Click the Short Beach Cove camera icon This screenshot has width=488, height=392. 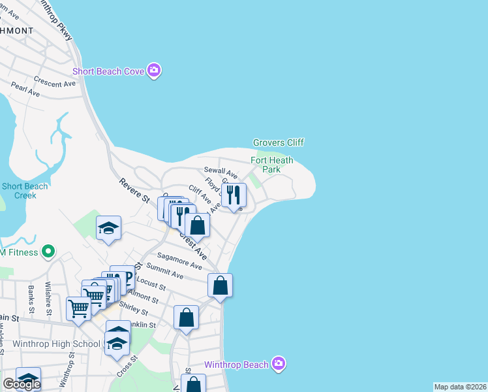point(154,71)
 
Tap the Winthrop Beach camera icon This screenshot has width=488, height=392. point(279,364)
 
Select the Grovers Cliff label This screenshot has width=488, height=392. point(279,142)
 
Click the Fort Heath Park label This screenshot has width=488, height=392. point(272,165)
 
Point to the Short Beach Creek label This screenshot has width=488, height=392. point(25,191)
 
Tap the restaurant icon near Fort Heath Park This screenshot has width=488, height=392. point(234,195)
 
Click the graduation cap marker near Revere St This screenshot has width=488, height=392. point(109,228)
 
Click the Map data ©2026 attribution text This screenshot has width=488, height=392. point(461,387)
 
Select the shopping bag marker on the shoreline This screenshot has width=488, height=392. point(221,286)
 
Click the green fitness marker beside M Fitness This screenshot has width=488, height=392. point(47,251)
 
